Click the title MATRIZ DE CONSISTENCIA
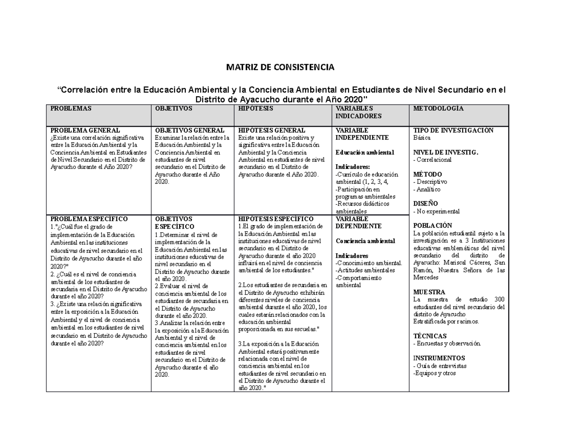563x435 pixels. pos(280,68)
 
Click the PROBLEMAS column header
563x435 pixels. pos(71,108)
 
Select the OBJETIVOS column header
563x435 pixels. pos(171,108)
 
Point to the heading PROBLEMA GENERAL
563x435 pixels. pos(85,130)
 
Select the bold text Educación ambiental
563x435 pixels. pos(365,153)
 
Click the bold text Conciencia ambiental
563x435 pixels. pos(365,241)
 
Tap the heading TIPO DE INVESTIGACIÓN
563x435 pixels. pos(453,130)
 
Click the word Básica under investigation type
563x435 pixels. pos(422,138)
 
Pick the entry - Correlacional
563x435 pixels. pos(432,160)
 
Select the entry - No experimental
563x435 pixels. pos(436,211)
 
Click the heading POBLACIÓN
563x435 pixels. pos(433,225)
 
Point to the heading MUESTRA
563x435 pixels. pos(429,292)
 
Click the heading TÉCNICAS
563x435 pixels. pos(429,336)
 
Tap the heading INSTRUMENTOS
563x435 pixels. pos(439,358)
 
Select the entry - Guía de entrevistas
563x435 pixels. pos(440,366)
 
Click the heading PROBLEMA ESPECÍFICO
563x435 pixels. pos(89,219)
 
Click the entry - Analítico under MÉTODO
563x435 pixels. pos(427,189)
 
